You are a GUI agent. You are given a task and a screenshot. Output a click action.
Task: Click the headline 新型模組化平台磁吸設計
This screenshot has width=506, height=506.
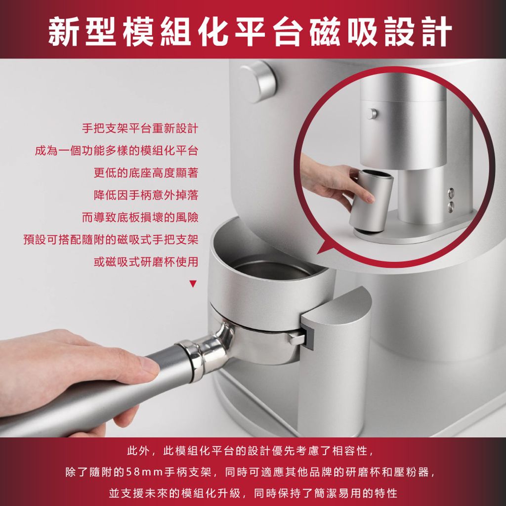point(250,32)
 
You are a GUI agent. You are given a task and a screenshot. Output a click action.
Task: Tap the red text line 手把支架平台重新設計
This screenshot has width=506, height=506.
point(140,128)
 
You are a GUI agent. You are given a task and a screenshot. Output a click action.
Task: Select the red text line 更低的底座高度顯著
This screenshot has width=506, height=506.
point(146,173)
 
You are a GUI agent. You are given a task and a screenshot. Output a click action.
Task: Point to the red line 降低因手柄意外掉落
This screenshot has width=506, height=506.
point(146,195)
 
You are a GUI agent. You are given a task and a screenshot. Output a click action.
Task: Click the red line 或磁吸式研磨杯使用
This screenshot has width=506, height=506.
point(146,262)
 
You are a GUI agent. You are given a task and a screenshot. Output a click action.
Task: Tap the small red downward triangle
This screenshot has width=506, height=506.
point(193,284)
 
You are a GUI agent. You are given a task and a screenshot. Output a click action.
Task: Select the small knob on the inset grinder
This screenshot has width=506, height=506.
point(373,114)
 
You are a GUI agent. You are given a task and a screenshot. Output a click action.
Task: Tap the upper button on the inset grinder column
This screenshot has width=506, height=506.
point(451,193)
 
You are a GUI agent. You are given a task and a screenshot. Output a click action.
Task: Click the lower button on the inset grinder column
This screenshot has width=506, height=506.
point(451,207)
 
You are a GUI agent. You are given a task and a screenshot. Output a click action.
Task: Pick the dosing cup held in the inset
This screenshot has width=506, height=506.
point(371,202)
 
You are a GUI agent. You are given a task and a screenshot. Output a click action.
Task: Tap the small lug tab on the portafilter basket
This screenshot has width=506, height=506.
point(297,339)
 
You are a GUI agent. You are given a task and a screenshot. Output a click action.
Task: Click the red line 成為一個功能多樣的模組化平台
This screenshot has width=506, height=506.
point(117,151)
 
